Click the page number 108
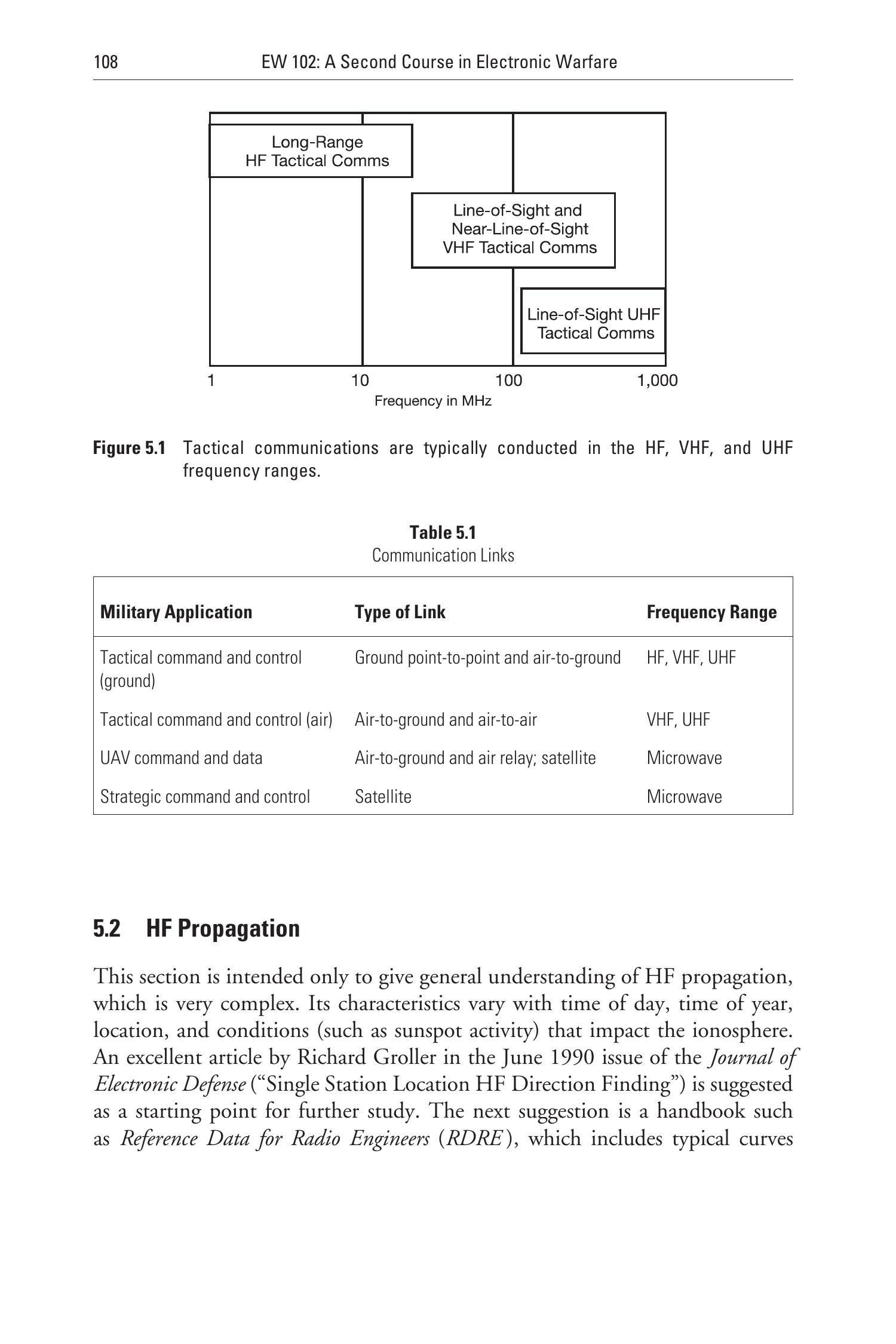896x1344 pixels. point(106,62)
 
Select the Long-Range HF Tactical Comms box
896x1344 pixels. point(311,151)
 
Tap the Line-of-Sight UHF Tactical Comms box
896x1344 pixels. point(593,323)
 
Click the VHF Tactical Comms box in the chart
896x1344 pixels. point(514,230)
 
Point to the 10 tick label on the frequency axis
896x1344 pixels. point(360,381)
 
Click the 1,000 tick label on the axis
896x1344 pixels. point(658,381)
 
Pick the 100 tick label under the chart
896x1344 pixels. point(509,381)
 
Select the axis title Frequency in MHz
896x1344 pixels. point(432,401)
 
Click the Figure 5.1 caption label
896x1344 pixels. point(129,448)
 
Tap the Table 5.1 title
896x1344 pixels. point(443,532)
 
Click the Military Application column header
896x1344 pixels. point(176,612)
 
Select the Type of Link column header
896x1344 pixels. point(400,612)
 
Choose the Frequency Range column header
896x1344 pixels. point(711,612)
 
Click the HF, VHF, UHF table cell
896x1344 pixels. point(691,658)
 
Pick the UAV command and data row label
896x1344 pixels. point(181,758)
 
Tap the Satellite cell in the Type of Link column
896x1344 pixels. point(383,797)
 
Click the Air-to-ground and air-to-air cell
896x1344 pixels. point(446,720)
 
